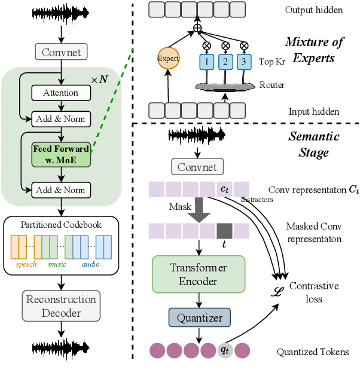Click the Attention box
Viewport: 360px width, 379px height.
(x=60, y=93)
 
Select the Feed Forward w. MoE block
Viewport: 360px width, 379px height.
(x=60, y=153)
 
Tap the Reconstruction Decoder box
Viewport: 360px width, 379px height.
(x=60, y=305)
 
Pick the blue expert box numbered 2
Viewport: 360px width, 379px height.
(x=225, y=61)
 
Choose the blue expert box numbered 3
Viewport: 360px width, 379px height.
(x=244, y=61)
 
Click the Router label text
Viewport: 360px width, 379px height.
(x=271, y=85)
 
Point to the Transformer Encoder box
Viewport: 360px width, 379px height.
(x=198, y=274)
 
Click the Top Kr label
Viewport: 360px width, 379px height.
(x=272, y=62)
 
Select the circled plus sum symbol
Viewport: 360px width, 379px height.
(x=197, y=27)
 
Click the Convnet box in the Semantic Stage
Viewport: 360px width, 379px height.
(x=197, y=166)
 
